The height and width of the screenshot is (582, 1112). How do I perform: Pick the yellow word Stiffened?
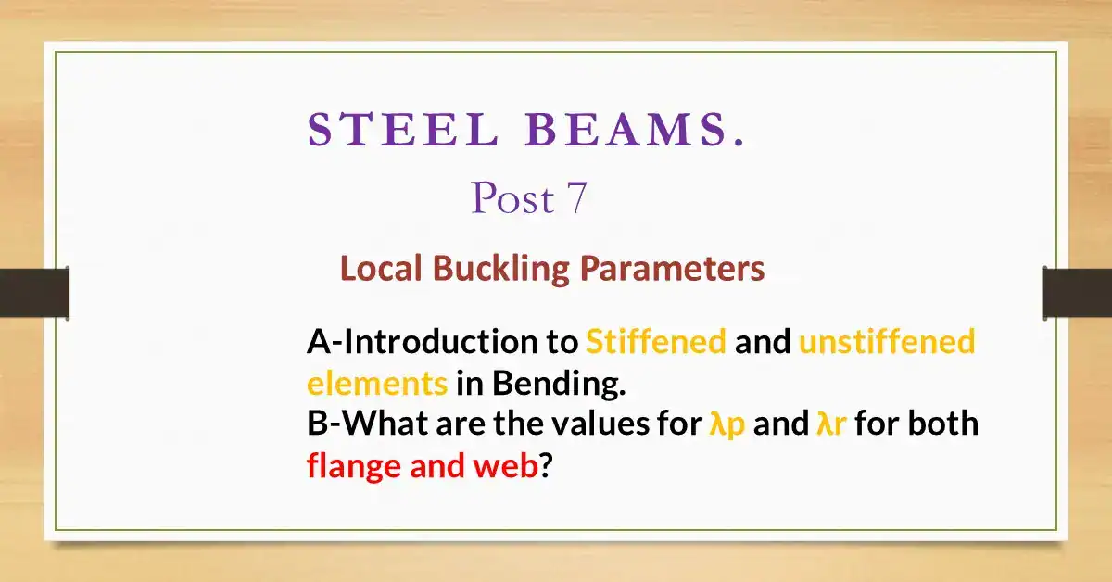pyautogui.click(x=655, y=343)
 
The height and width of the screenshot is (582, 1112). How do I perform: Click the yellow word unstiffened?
pyautogui.click(x=886, y=343)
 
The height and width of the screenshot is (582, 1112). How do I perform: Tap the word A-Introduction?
pyautogui.click(x=425, y=343)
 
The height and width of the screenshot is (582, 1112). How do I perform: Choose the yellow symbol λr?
pyautogui.click(x=831, y=424)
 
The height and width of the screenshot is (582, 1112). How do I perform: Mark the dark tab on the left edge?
pyautogui.click(x=34, y=293)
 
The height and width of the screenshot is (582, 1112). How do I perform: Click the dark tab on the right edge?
pyautogui.click(x=1077, y=293)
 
